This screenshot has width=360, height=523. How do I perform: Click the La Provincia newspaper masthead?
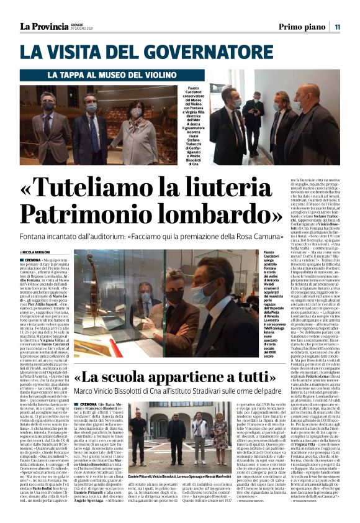click(44, 26)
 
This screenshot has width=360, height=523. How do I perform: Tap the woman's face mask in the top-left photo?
click(136, 112)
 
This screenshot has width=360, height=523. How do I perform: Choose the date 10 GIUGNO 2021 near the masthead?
click(83, 29)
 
